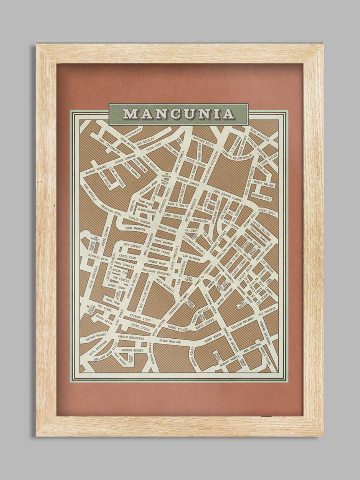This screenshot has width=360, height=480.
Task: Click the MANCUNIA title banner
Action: coord(178,114)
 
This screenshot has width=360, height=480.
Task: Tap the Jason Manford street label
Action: coord(169,341)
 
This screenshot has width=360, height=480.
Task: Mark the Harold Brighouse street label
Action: coord(131,338)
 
